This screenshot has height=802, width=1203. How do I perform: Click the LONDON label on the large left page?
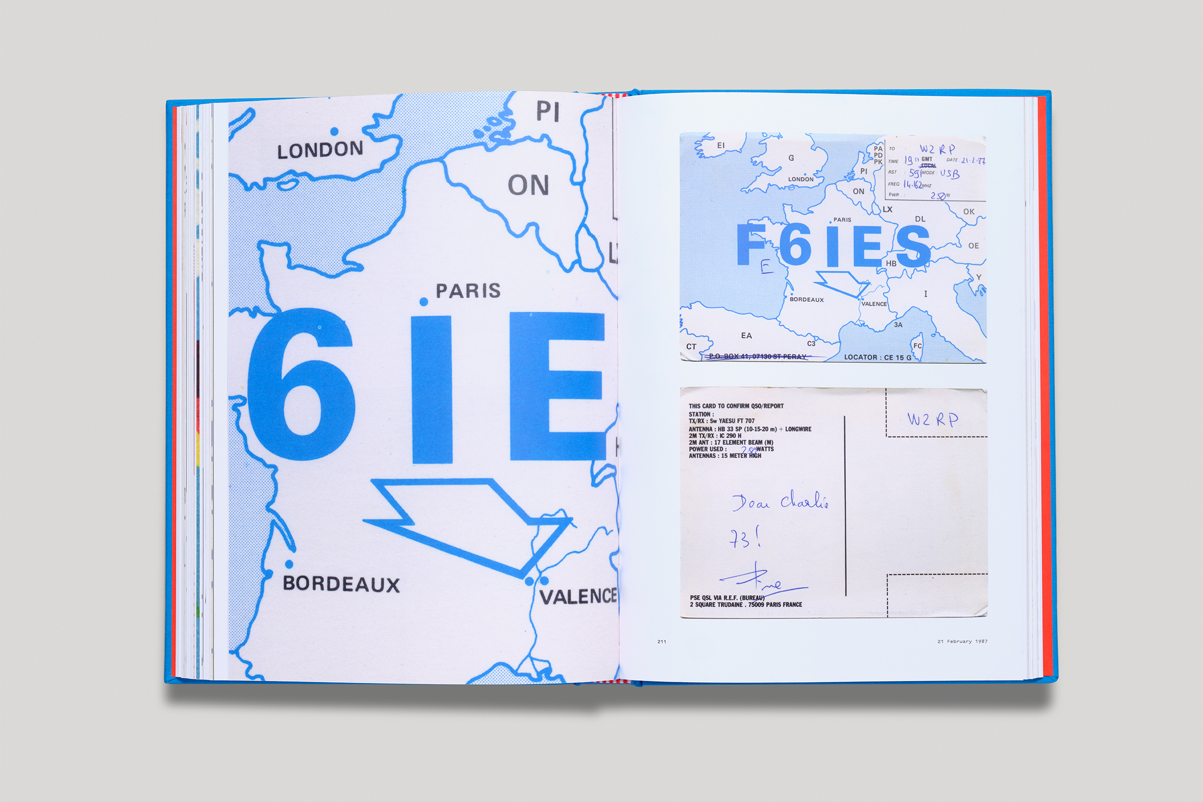pyautogui.click(x=320, y=150)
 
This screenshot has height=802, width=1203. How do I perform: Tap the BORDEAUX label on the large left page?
pyautogui.click(x=341, y=584)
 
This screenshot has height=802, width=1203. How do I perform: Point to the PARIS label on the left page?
pyautogui.click(x=468, y=291)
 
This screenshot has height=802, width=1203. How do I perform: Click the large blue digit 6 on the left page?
pyautogui.click(x=302, y=384)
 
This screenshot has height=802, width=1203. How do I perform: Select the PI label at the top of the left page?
pyautogui.click(x=547, y=111)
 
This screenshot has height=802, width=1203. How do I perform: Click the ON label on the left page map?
pyautogui.click(x=528, y=185)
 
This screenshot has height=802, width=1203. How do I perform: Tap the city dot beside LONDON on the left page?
pyautogui.click(x=334, y=131)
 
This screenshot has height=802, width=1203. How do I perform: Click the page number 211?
pyautogui.click(x=662, y=642)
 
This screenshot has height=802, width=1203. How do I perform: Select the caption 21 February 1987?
pyautogui.click(x=962, y=642)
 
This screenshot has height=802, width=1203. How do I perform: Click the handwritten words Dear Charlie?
pyautogui.click(x=780, y=501)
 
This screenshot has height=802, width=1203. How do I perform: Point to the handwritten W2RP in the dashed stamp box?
pyautogui.click(x=932, y=420)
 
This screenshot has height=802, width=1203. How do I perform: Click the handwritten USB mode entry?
pyautogui.click(x=949, y=174)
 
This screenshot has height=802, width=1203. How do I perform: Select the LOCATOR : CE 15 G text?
pyautogui.click(x=878, y=357)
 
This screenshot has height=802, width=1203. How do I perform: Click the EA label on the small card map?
pyautogui.click(x=746, y=335)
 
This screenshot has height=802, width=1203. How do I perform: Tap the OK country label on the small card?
pyautogui.click(x=969, y=211)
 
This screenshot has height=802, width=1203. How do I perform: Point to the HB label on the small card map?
pyautogui.click(x=892, y=264)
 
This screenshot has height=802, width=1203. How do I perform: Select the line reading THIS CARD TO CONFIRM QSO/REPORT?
pyautogui.click(x=736, y=406)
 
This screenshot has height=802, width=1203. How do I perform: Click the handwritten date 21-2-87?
pyautogui.click(x=973, y=160)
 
